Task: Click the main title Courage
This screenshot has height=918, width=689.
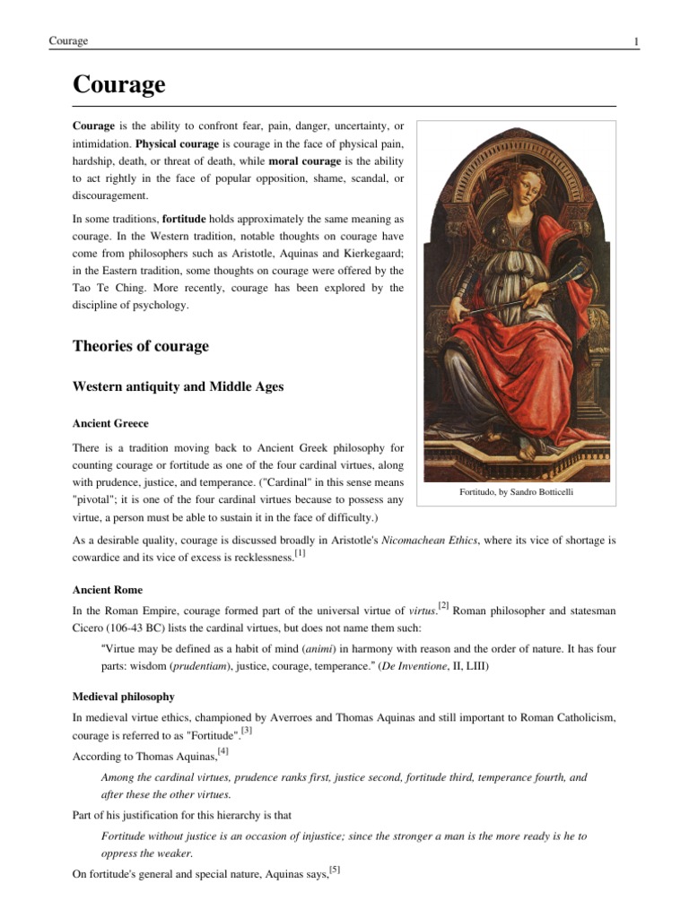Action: point(118,85)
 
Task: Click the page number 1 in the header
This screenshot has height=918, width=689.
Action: point(635,41)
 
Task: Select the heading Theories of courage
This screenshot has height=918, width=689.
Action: point(140,346)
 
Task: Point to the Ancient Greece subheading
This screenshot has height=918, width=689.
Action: point(110,422)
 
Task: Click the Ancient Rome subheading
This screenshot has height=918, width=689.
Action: point(107,590)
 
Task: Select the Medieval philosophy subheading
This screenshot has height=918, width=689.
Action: point(123,696)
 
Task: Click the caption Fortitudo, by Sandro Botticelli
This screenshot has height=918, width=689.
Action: point(515,492)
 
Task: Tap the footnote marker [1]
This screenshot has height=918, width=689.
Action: point(301,553)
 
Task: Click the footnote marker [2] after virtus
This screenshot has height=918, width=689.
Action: point(443,606)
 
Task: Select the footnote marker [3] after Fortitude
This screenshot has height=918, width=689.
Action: point(247,731)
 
